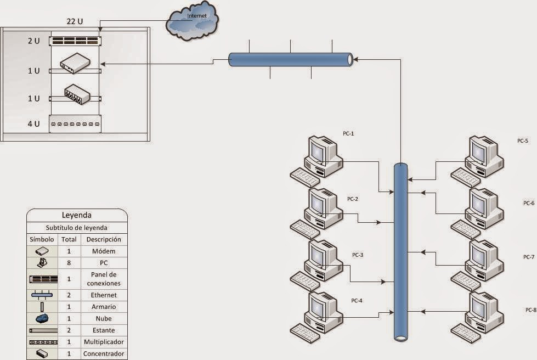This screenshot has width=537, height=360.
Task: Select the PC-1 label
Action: pyautogui.click(x=348, y=133)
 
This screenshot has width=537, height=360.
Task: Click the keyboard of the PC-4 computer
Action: pyautogui.click(x=305, y=333)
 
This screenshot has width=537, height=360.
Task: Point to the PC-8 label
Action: pyautogui.click(x=530, y=310)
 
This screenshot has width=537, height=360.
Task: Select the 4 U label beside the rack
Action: pyautogui.click(x=33, y=124)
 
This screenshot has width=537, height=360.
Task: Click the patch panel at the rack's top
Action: pyautogui.click(x=76, y=40)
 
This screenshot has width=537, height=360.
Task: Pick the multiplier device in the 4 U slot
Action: pyautogui.click(x=76, y=125)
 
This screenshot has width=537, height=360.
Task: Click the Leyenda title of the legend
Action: pyautogui.click(x=77, y=216)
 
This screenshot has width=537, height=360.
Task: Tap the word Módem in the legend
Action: pyautogui.click(x=103, y=251)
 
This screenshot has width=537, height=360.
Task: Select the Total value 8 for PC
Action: pyautogui.click(x=69, y=263)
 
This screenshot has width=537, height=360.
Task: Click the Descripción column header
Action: pyautogui.click(x=103, y=240)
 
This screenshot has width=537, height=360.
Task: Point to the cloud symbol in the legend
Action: pyautogui.click(x=42, y=319)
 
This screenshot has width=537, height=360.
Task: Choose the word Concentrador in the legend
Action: pyautogui.click(x=103, y=354)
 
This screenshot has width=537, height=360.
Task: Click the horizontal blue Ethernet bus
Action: pyautogui.click(x=290, y=59)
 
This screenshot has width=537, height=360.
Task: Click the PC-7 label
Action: pyautogui.click(x=529, y=257)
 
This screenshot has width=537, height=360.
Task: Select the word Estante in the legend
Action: pyautogui.click(x=103, y=330)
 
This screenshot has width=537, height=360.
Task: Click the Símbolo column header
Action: pyautogui.click(x=42, y=240)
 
